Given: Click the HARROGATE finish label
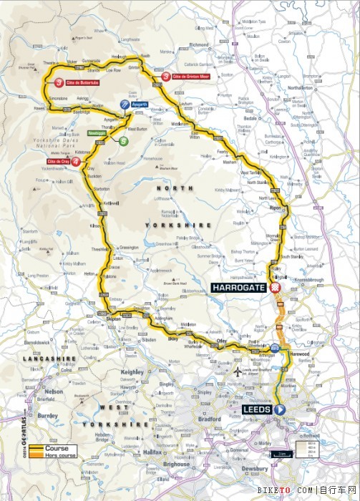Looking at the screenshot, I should pos(238,288).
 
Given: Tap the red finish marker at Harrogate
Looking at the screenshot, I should pos(273,288).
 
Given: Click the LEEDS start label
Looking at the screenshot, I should pos(257,409).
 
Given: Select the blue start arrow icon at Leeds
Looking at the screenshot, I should pos(280,409).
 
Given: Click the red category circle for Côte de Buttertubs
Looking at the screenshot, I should pos(59,82).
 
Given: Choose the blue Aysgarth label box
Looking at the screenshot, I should pos(139,104).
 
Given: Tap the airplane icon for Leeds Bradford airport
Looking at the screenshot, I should pos(237,372).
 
